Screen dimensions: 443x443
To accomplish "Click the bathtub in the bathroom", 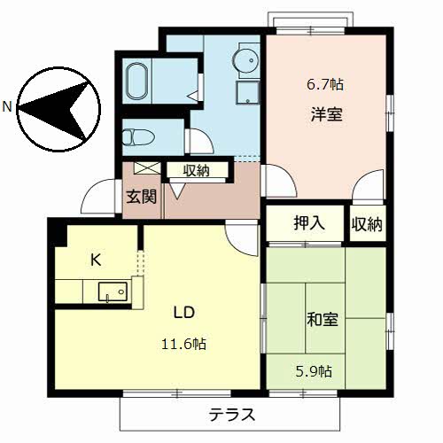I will [x=137, y=82].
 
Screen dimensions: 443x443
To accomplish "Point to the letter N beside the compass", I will [x=7, y=107].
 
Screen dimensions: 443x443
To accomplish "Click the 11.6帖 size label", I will [x=184, y=343].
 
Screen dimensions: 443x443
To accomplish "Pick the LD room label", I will [x=183, y=314].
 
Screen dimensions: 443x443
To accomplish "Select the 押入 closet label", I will [x=308, y=223].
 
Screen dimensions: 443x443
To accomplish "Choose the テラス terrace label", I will [x=232, y=414].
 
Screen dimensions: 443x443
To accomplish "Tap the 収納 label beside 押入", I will [x=366, y=224].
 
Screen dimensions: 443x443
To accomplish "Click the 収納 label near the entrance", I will [x=196, y=170].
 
